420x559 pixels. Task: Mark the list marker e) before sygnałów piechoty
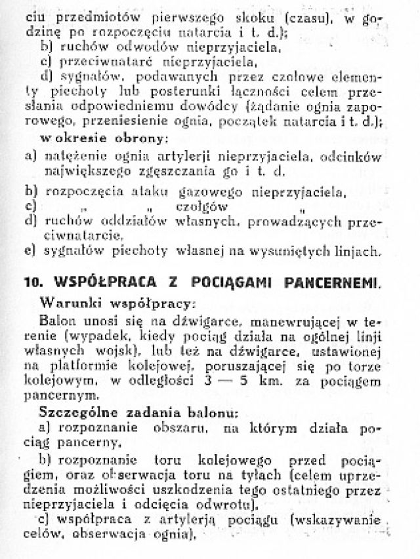tap(30, 250)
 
